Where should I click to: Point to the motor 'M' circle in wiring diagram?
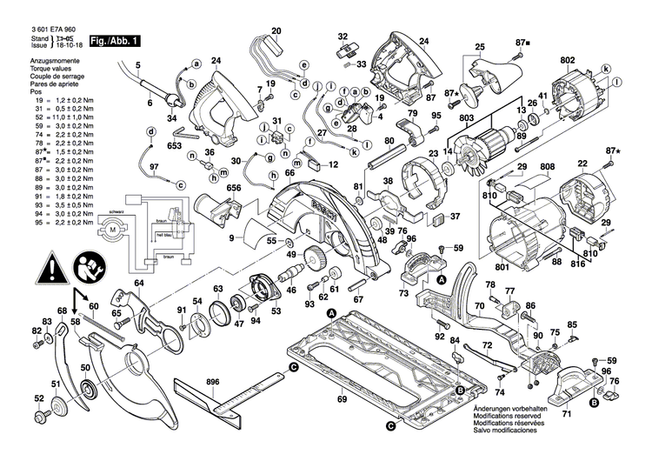110,229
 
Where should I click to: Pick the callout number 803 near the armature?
466,118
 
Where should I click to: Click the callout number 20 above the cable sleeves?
276,32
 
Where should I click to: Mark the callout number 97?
154,166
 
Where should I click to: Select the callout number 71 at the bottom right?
566,415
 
